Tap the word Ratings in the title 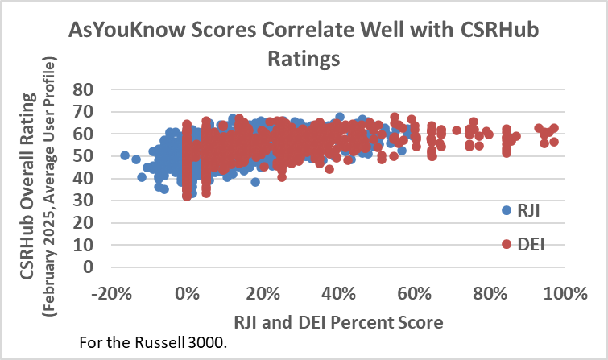[x=304, y=59]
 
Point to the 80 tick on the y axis [x=84, y=89]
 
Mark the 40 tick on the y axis [x=84, y=178]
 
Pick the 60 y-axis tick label [x=84, y=134]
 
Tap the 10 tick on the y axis [x=84, y=245]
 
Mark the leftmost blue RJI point [x=125, y=155]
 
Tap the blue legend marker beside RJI [x=507, y=210]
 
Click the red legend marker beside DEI [x=507, y=243]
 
